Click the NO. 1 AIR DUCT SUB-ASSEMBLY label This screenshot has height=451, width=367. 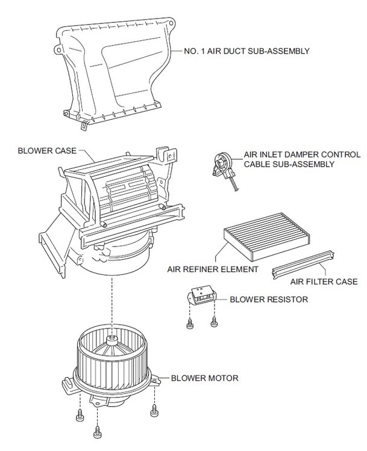tap(246, 51)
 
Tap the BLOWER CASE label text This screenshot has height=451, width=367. tap(47, 151)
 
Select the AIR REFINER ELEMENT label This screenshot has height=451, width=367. tap(213, 269)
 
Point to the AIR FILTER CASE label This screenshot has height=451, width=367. tap(324, 281)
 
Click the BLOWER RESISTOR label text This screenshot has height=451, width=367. tap(269, 299)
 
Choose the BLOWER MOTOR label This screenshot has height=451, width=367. tap(205, 378)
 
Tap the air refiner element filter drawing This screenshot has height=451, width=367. tap(267, 237)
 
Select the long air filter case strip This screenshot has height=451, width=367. tap(303, 265)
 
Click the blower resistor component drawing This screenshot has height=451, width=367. tap(202, 296)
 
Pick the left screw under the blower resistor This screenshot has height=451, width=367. tap(190, 324)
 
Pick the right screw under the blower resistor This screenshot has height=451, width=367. tap(213, 322)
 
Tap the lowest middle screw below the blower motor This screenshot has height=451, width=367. tap(98, 431)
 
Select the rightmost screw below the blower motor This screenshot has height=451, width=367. tap(154, 411)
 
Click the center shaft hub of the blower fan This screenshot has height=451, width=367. tap(112, 341)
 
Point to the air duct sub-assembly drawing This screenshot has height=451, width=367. tap(115, 72)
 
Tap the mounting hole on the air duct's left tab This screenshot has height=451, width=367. tap(59, 51)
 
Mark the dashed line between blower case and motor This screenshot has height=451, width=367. tap(111, 306)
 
